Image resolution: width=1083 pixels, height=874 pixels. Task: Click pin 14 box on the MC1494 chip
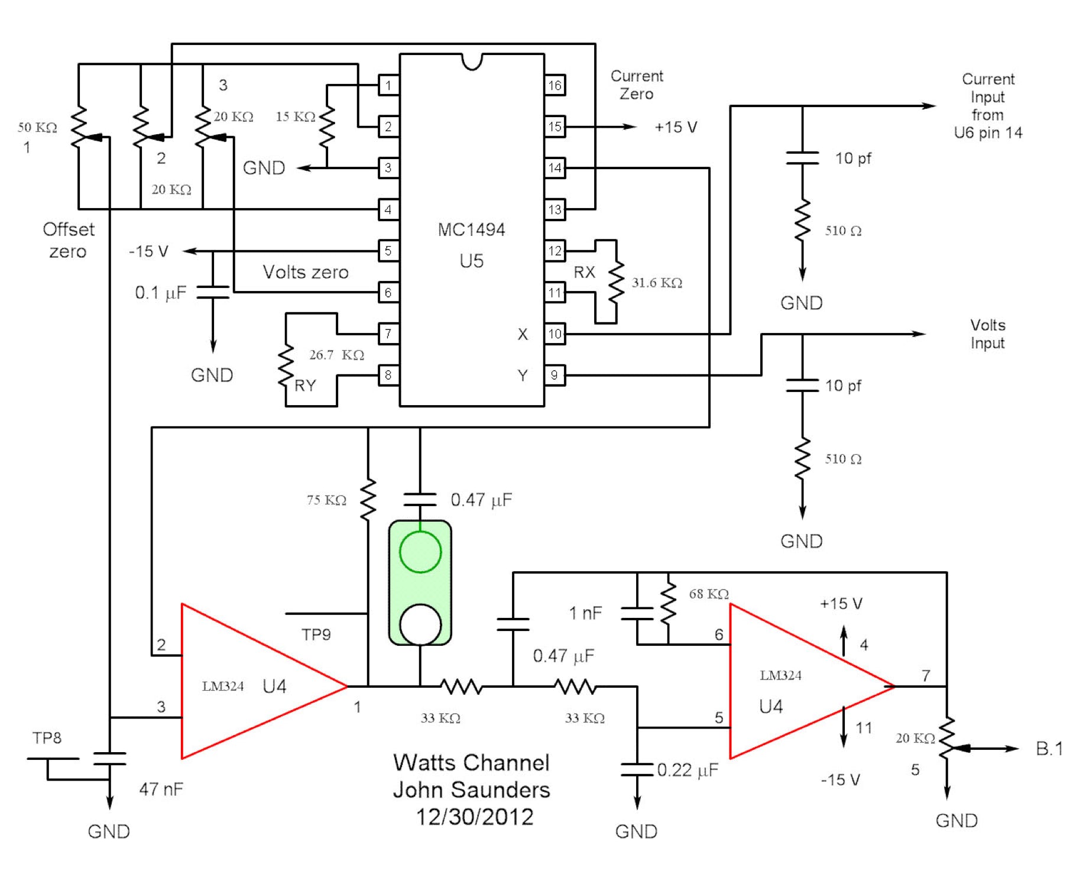(555, 168)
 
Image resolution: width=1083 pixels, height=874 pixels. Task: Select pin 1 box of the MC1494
(388, 85)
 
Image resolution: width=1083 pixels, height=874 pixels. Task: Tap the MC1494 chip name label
(471, 229)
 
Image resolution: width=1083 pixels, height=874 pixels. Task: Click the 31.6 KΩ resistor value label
(657, 283)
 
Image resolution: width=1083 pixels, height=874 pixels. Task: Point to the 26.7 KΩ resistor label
(336, 355)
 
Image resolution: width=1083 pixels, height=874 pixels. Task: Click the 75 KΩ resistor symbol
(368, 500)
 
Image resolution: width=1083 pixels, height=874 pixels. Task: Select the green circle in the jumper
(420, 552)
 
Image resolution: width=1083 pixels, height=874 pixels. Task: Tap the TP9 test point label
(316, 635)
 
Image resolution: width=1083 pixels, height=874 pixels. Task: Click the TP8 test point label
(47, 738)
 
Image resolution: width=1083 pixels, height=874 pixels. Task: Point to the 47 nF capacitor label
(161, 789)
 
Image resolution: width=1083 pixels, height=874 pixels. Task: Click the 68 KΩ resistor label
(708, 594)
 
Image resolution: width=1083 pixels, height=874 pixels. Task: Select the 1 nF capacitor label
(585, 613)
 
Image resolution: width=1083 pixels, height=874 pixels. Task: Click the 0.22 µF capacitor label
(687, 770)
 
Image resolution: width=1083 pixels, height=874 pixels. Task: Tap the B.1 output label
(1049, 749)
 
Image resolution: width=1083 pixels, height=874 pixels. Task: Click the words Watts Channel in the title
(471, 763)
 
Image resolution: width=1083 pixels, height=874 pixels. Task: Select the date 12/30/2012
(475, 817)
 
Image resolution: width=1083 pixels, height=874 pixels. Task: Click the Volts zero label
(306, 272)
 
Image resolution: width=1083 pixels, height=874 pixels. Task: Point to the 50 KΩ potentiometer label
(37, 127)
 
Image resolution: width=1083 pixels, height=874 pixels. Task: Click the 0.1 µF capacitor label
(160, 293)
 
